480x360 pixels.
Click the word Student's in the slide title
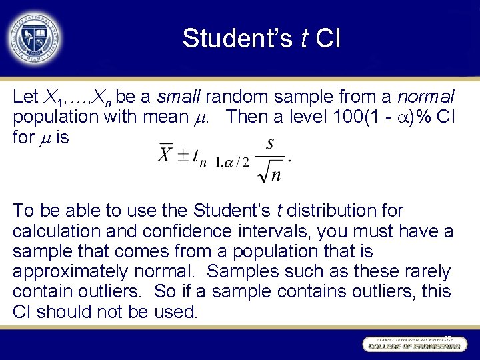(237, 39)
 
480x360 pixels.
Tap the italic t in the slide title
(303, 39)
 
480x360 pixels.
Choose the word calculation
(54, 231)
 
